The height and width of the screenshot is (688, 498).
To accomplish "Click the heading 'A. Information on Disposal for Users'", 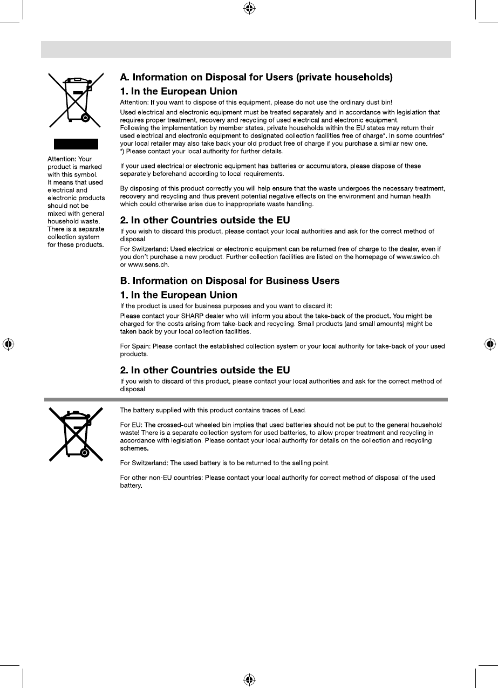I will (256, 78).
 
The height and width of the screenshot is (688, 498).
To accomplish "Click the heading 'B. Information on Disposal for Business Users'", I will (229, 281).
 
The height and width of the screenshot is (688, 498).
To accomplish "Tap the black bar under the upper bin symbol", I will (76, 144).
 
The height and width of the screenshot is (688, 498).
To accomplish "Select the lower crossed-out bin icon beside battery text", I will (76, 434).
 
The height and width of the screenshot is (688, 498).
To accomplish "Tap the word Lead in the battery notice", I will (298, 411).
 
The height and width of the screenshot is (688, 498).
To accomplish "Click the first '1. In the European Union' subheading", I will (178, 92).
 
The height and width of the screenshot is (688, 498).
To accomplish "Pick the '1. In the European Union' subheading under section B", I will (178, 295).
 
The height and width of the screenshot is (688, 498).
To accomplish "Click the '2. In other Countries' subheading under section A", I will (204, 220).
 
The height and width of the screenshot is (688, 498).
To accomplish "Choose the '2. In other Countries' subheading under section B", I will (204, 370).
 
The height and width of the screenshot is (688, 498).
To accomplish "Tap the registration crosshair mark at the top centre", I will (249, 8).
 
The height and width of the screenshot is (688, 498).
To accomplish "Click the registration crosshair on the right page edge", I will (489, 343).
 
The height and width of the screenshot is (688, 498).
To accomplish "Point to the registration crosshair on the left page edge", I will (8, 343).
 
